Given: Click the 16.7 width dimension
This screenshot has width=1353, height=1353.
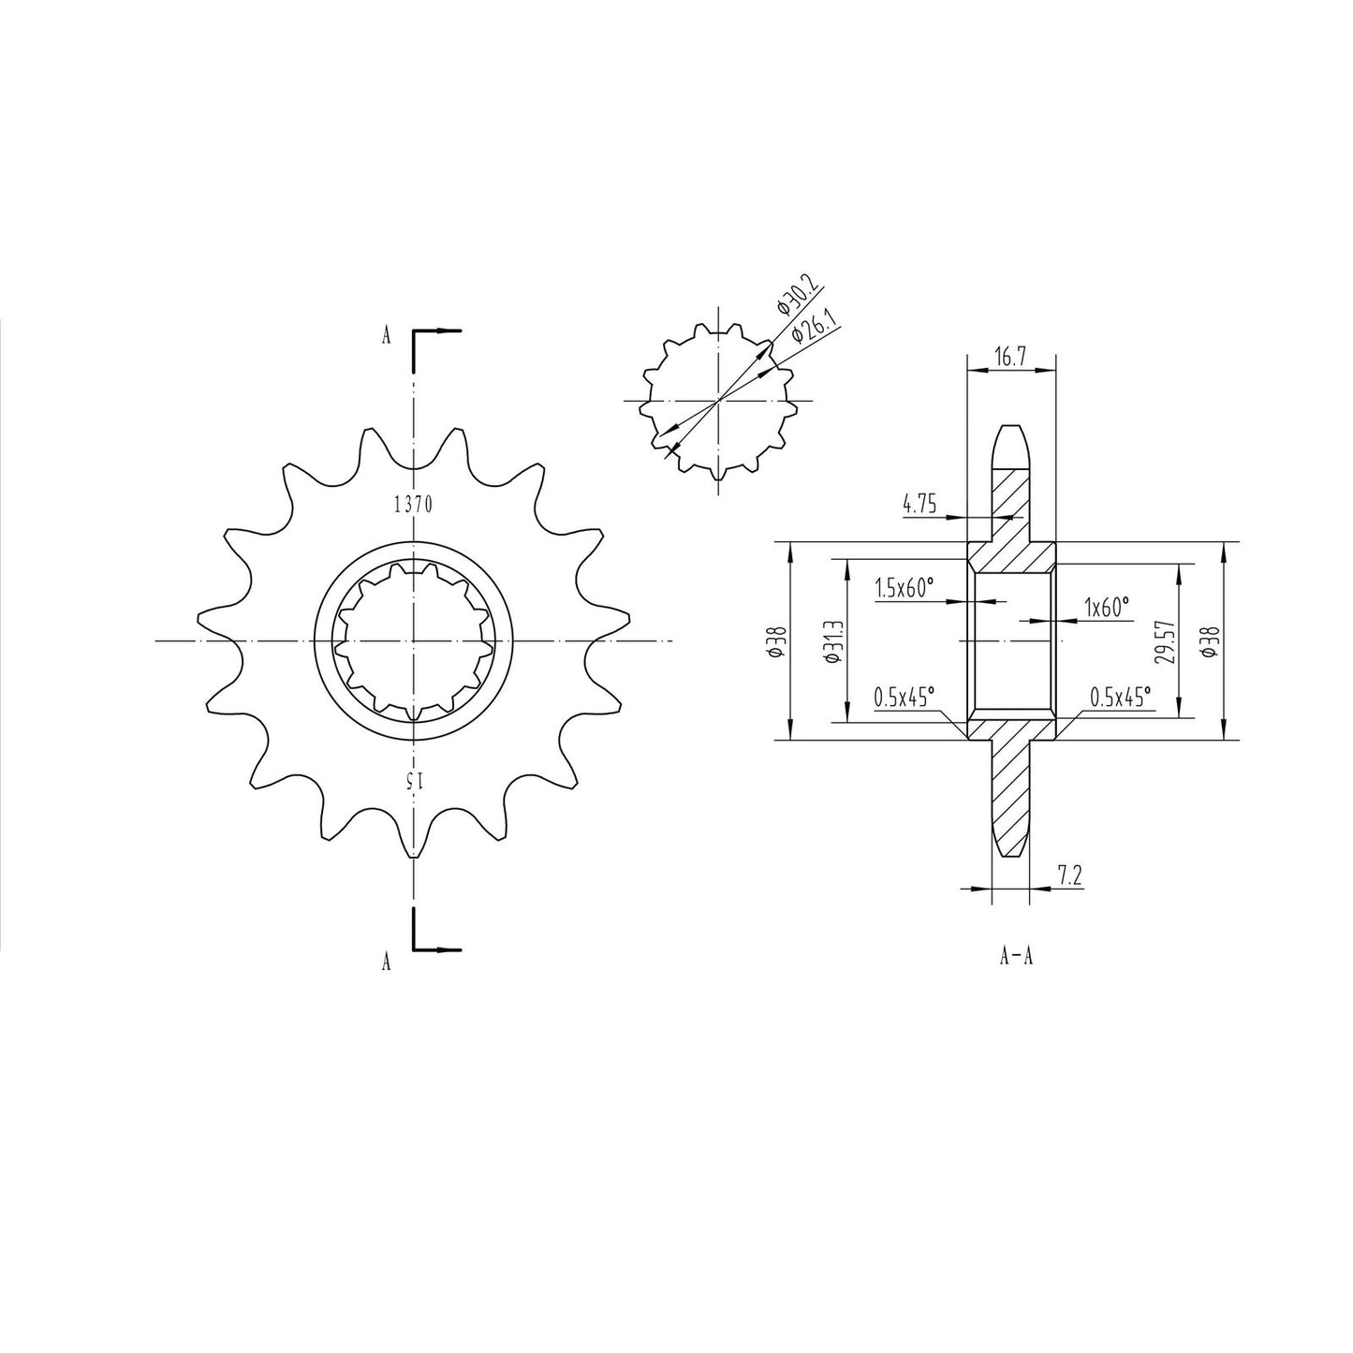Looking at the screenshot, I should tap(1009, 358).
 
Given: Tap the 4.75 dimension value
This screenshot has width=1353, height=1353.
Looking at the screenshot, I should tap(919, 506).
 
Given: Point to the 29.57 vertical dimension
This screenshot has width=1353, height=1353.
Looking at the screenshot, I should tap(1164, 641).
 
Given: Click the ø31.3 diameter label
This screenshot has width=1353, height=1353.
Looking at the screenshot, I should tap(835, 641).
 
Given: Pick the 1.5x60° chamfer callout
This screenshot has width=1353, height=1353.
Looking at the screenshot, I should tap(904, 588).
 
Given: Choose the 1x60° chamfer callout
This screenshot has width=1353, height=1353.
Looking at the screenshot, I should tap(1106, 607).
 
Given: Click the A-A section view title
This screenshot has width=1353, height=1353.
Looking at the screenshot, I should tap(1016, 957).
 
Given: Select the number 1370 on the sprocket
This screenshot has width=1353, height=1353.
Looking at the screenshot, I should tap(412, 505).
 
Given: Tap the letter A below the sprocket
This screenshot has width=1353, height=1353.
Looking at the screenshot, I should tap(386, 961).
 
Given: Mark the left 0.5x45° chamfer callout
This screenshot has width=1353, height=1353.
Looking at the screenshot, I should tap(904, 697).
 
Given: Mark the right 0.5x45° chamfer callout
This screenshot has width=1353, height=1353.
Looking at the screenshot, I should tap(1120, 697).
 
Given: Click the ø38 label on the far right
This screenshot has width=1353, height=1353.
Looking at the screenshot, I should tap(1211, 641).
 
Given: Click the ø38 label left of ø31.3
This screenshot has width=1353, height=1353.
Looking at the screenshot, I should tap(776, 641).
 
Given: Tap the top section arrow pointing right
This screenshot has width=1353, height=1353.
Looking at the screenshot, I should tap(449, 331).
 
